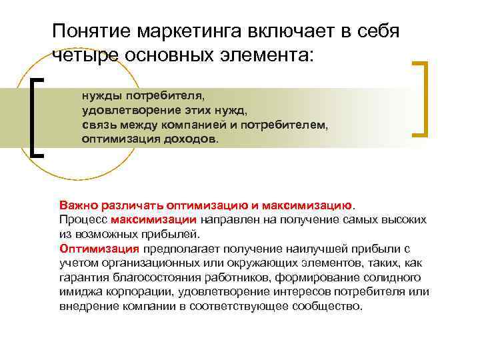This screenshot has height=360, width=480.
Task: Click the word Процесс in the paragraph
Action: point(83,219)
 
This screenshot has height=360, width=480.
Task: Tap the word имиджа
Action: point(78,292)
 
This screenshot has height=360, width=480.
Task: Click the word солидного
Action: point(395,277)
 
